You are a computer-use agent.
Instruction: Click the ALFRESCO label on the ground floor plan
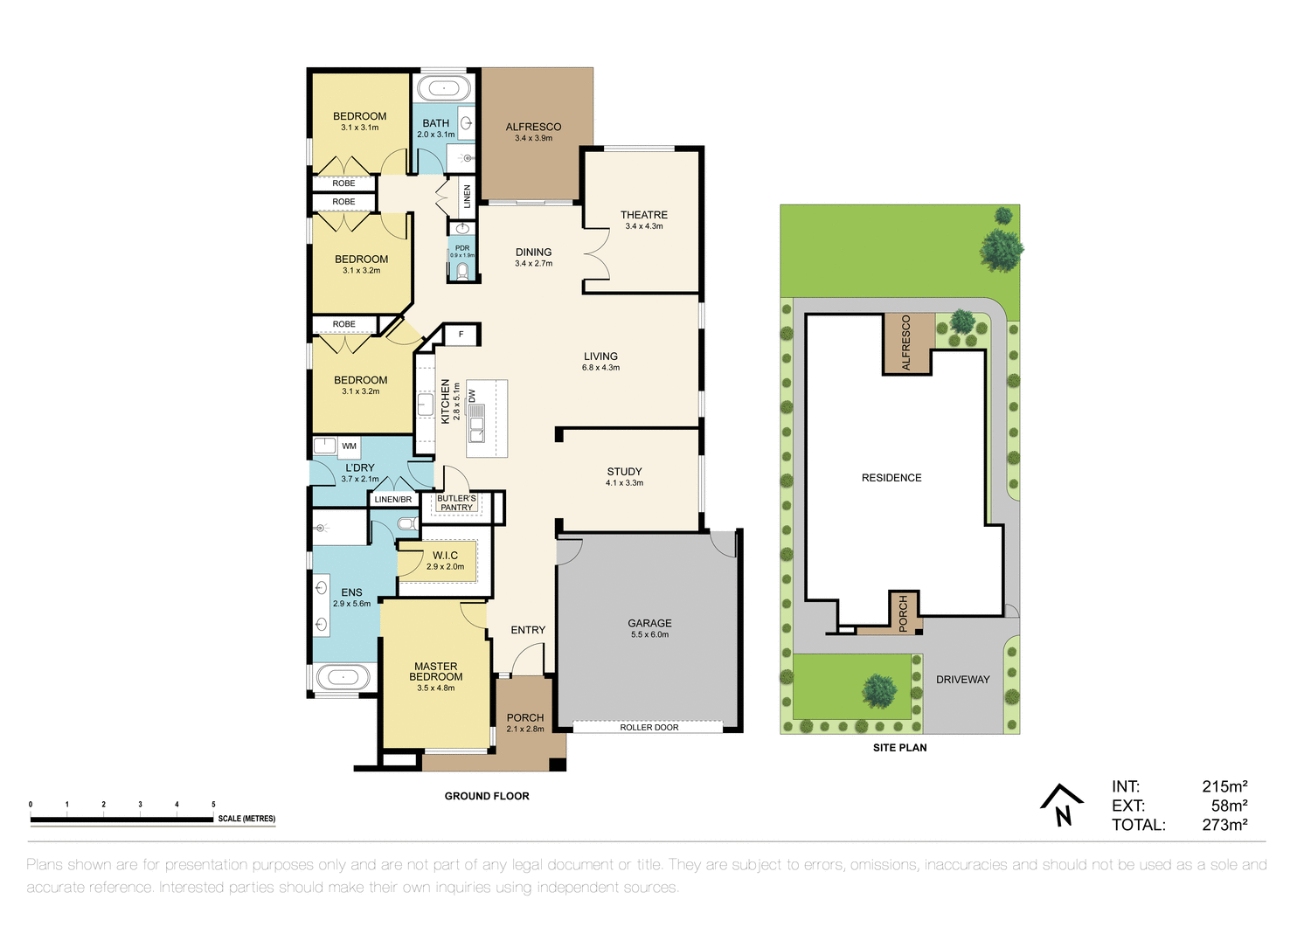[533, 127]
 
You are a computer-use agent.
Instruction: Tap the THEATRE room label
[644, 215]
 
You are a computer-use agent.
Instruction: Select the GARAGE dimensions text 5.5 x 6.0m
[649, 635]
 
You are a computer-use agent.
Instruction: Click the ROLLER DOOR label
[649, 727]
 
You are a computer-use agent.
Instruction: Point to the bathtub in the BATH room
[443, 88]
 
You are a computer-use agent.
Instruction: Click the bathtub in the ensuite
[343, 677]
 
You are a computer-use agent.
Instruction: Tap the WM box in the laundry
[349, 446]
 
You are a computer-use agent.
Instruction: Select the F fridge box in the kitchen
[461, 335]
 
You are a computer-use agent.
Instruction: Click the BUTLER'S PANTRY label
[456, 503]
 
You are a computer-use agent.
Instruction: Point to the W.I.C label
[445, 556]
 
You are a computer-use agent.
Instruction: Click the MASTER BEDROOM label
[435, 672]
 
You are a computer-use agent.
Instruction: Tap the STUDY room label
[624, 472]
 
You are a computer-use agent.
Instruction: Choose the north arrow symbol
[1062, 805]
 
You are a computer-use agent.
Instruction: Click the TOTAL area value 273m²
[1224, 825]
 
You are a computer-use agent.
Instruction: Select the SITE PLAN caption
[899, 748]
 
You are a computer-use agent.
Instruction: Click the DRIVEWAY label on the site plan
[962, 680]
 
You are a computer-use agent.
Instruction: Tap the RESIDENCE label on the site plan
[891, 478]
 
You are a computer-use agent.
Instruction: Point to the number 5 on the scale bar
[213, 805]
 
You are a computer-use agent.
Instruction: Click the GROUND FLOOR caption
[487, 796]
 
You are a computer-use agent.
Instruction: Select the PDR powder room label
[462, 248]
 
